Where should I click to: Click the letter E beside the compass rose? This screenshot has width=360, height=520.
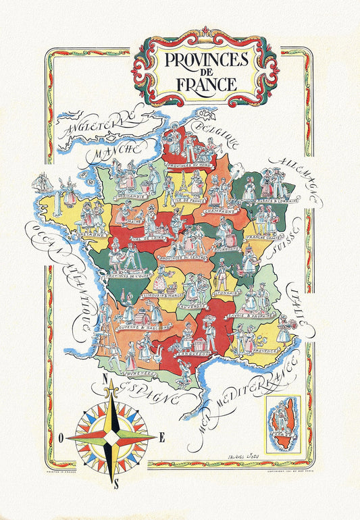[162, 437]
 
